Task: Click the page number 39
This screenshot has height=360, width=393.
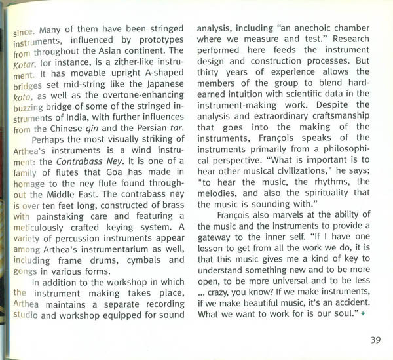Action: (375, 340)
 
